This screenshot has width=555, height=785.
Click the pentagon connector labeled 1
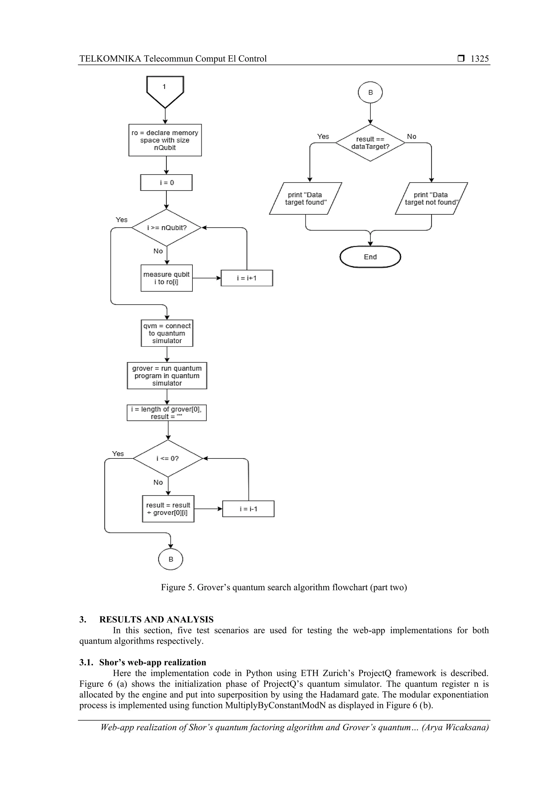(165, 90)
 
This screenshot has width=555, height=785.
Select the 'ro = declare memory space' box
(165, 140)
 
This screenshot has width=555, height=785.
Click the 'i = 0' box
(166, 183)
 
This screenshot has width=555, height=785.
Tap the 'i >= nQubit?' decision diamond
(167, 228)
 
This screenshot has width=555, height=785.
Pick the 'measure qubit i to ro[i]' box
(167, 278)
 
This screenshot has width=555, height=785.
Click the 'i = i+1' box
(247, 278)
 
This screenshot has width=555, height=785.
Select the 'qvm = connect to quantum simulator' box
(167, 333)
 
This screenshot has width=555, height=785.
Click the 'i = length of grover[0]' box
(167, 413)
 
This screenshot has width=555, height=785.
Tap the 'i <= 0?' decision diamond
(168, 458)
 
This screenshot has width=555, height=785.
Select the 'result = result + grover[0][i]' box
(168, 509)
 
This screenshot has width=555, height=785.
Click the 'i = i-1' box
(248, 509)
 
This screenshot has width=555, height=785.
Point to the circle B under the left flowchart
(171, 559)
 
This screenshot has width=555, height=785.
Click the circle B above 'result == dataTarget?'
(370, 92)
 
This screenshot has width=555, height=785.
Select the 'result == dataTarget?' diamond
(370, 143)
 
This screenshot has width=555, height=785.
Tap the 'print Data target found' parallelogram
(305, 199)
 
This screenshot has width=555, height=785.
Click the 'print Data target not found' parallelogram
(431, 199)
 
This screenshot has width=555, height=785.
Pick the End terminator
(370, 257)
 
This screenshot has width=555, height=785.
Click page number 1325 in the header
(479, 59)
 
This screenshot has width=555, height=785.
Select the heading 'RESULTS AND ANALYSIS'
(156, 619)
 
